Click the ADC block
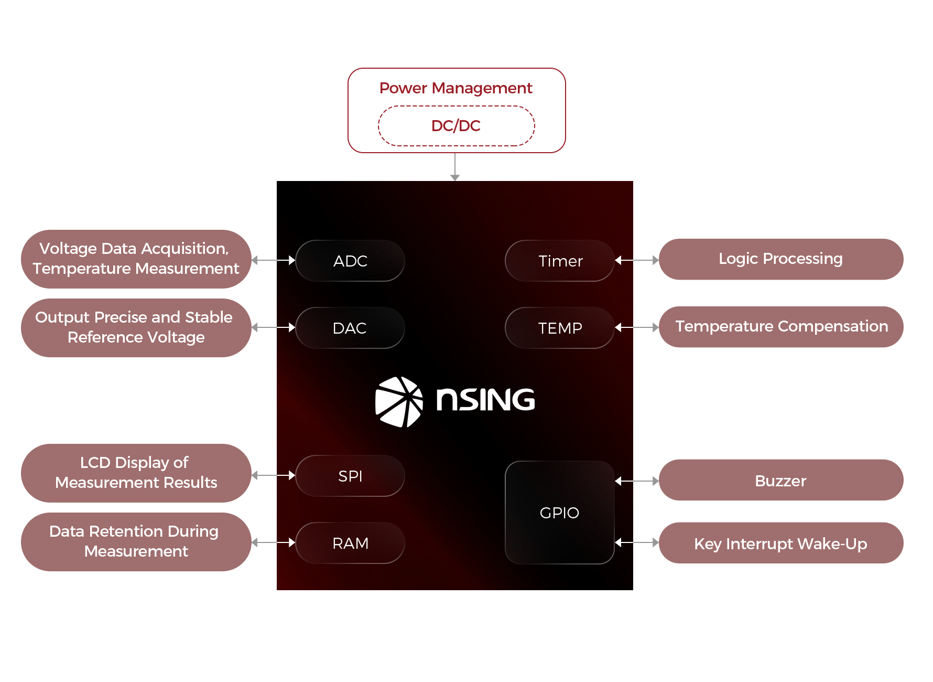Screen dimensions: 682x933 350,261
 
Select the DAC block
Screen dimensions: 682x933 350,328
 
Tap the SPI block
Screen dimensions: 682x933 350,476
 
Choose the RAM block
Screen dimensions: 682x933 350,543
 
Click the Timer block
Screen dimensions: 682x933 560,261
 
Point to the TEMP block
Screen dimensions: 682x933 560,328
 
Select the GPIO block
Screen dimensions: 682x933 560,513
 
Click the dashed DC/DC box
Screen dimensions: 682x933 456,126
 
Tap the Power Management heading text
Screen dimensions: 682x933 455,88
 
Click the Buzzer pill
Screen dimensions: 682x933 781,481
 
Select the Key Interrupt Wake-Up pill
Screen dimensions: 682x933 781,544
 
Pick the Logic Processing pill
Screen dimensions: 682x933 781,259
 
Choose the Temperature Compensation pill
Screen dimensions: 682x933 781,326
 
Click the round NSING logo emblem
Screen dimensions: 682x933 399,402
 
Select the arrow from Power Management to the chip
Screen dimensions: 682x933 455,167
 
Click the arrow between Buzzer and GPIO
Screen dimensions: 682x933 637,481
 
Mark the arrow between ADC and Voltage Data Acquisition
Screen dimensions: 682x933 274,260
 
